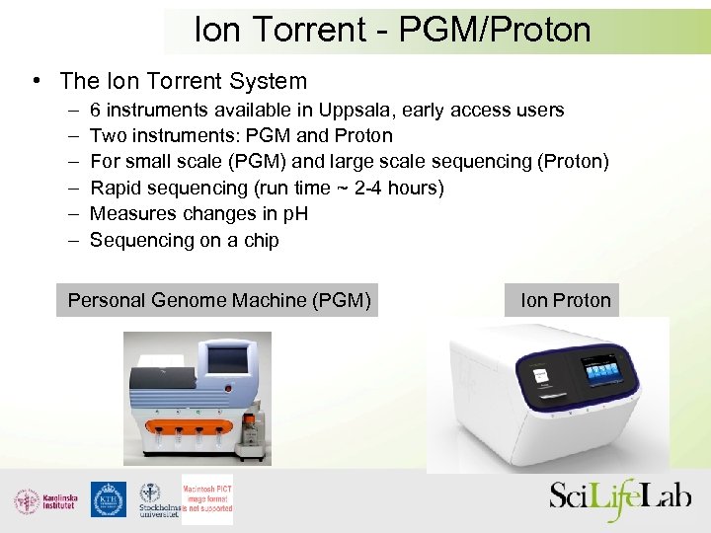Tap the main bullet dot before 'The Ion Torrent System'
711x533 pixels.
point(35,81)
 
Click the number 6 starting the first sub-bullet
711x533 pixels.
point(96,110)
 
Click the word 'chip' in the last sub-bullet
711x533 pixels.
point(261,240)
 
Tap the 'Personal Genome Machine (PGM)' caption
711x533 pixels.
point(219,300)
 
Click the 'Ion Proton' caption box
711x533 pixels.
point(565,300)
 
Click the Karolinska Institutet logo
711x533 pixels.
point(44,500)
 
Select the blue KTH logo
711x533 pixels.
point(109,500)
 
